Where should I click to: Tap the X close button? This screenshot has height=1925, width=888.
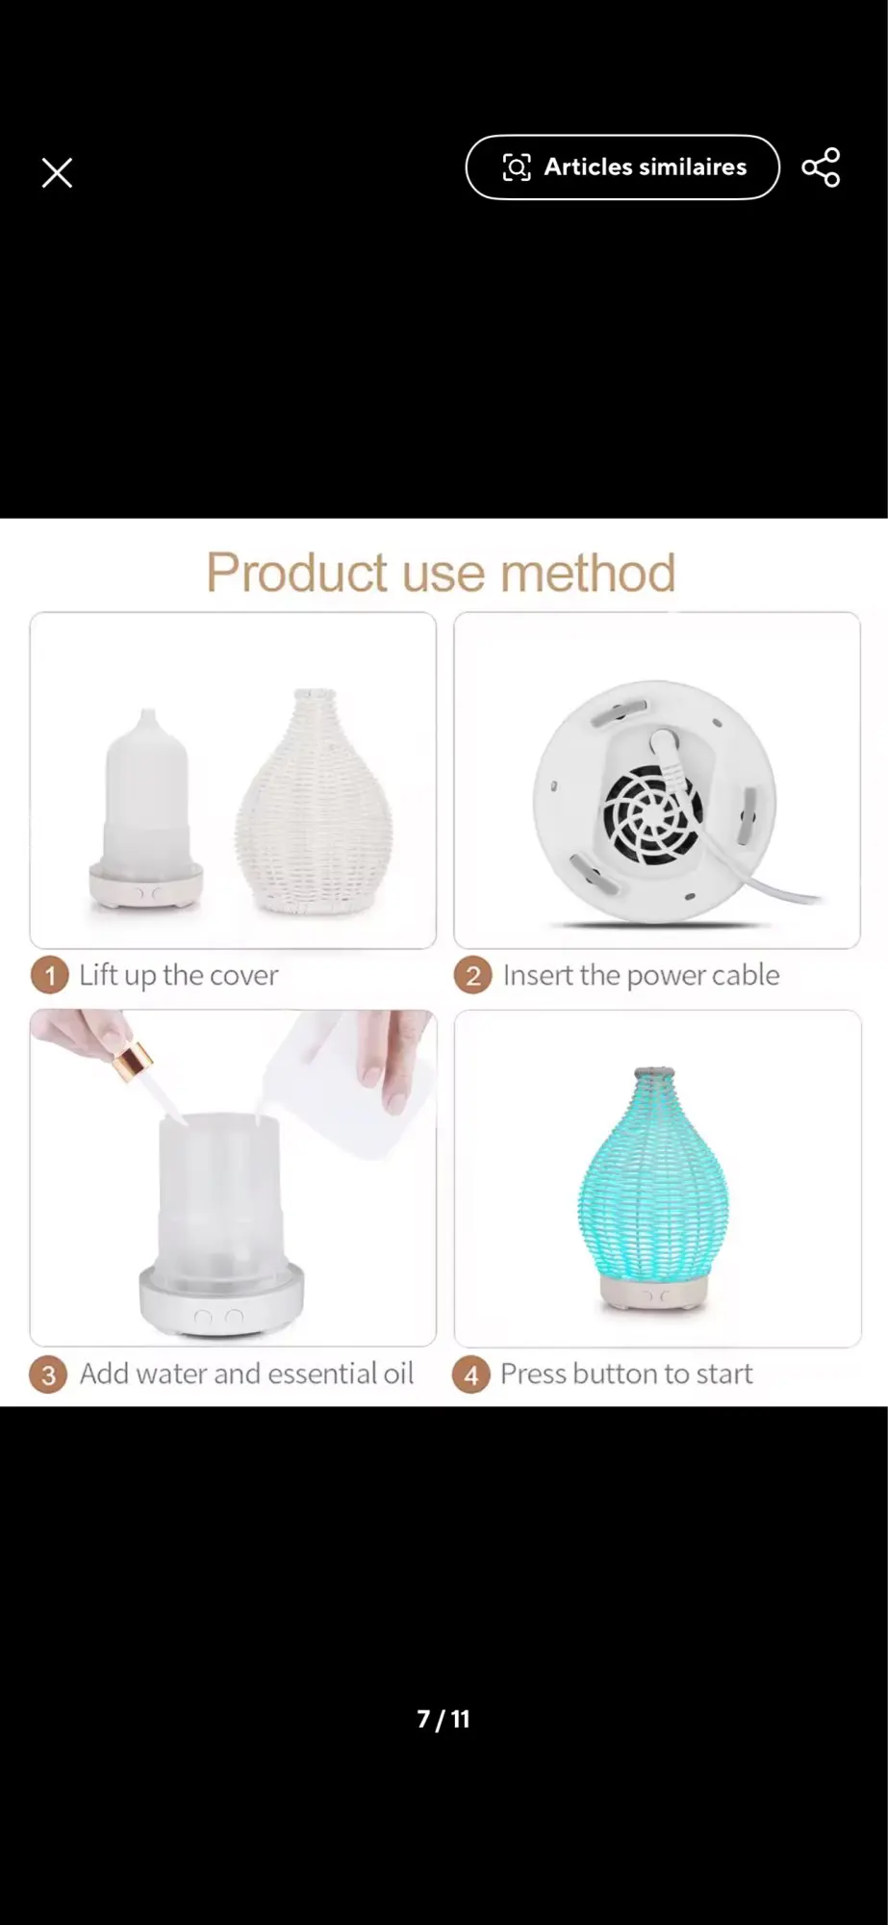tap(58, 173)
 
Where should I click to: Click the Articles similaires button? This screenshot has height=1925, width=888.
tap(622, 167)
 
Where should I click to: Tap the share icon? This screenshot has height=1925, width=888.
tap(821, 167)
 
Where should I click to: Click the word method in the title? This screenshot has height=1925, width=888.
tap(588, 573)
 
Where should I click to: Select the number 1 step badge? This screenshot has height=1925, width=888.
tap(49, 976)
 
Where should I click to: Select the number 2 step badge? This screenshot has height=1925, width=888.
tap(472, 976)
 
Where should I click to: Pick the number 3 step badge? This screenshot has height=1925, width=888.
tap(48, 1374)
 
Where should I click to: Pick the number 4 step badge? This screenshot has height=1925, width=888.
tap(471, 1374)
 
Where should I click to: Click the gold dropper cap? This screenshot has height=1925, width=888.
tap(132, 1065)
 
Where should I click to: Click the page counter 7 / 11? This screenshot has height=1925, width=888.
tap(444, 1719)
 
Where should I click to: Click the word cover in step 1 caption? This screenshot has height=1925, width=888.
tap(243, 976)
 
